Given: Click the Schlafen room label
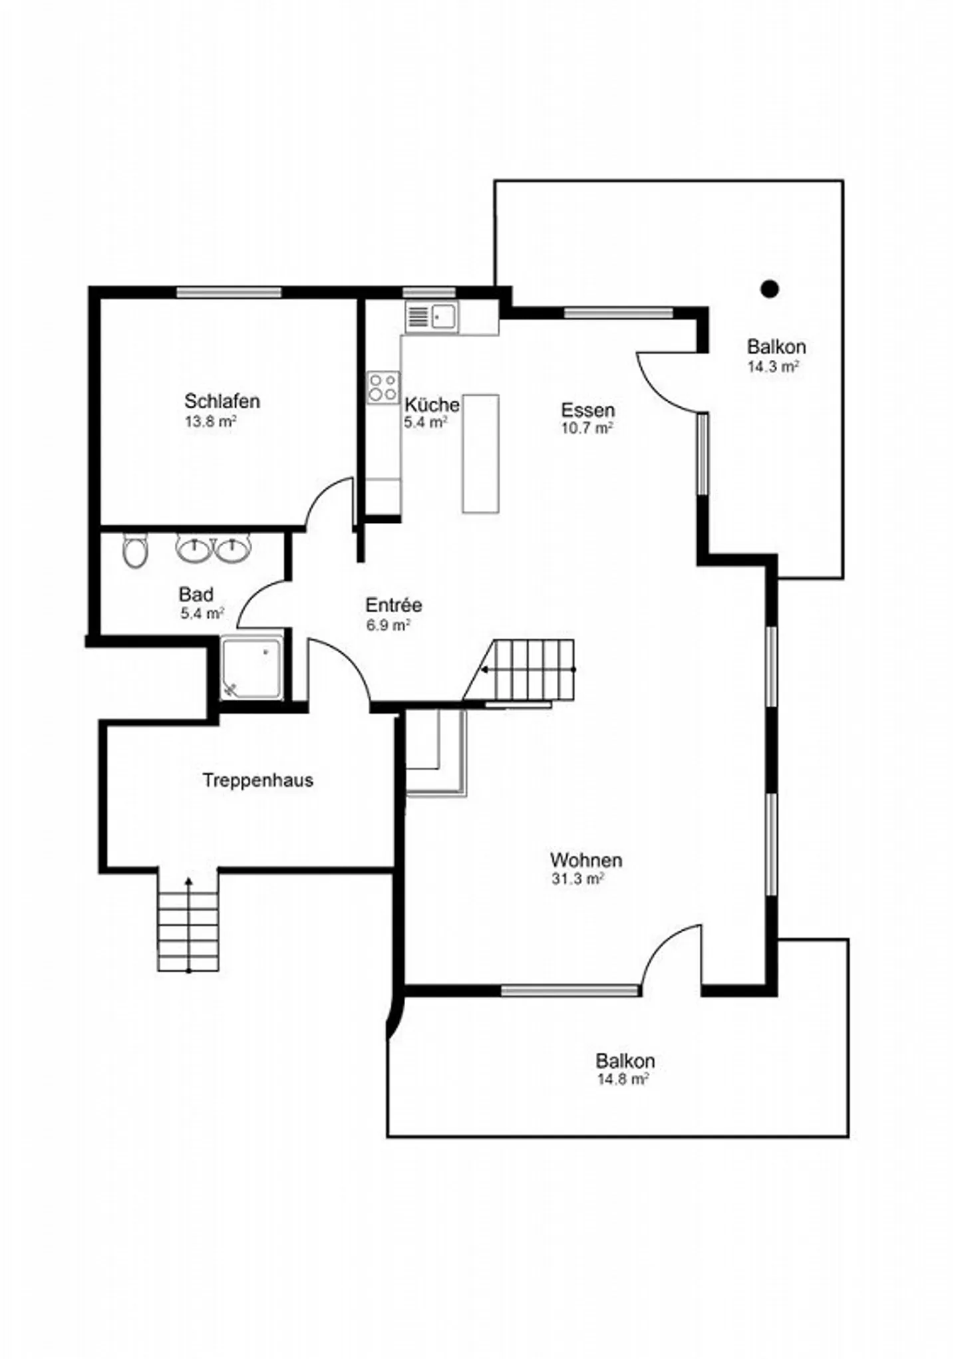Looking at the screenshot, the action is (x=222, y=401).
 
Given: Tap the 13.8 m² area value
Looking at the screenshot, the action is (x=211, y=422).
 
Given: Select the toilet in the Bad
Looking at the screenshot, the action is (x=136, y=551).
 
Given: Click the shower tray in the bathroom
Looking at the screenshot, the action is (x=251, y=668).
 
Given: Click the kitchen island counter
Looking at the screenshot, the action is (x=480, y=454).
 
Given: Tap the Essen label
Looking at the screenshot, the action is (x=587, y=410).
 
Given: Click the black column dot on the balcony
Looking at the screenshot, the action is (x=770, y=289).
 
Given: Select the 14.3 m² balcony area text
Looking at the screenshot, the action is (x=773, y=367).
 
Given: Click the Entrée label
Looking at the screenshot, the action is (x=394, y=605).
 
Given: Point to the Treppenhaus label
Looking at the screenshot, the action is (x=257, y=780).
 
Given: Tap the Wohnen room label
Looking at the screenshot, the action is (x=586, y=860).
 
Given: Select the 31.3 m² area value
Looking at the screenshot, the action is (x=577, y=879).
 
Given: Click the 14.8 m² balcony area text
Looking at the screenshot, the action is (x=623, y=1079).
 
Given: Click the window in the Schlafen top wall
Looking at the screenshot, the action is (x=229, y=293).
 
